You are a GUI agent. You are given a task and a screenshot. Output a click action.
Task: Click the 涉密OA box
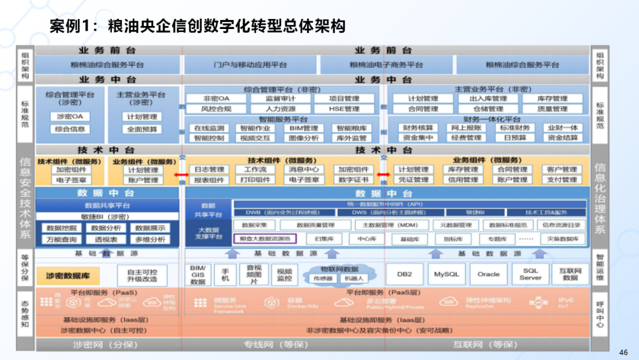click(x=70, y=117)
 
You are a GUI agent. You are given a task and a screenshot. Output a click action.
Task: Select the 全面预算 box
click(x=142, y=129)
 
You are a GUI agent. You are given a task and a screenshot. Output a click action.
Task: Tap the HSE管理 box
click(x=344, y=109)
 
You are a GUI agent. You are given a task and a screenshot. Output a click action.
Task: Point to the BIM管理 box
click(x=304, y=128)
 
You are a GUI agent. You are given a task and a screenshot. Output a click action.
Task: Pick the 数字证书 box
click(x=354, y=180)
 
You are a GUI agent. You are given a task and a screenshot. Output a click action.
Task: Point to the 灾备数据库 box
click(x=563, y=239)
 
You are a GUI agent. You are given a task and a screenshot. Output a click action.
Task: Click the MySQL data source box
click(x=446, y=274)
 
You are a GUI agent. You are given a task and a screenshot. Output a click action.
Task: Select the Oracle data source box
click(x=489, y=274)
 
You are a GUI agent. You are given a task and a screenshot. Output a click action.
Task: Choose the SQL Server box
click(x=530, y=274)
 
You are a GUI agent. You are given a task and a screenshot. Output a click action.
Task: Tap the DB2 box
click(x=404, y=274)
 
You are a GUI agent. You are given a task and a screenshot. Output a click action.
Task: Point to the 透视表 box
click(x=106, y=240)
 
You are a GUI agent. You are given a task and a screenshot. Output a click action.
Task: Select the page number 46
click(x=623, y=352)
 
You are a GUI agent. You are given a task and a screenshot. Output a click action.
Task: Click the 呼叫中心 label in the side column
click(x=600, y=315)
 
